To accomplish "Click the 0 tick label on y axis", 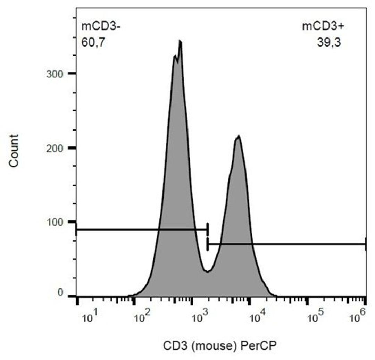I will [60, 294].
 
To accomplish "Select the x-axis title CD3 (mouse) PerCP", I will [221, 345].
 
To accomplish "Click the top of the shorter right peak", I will [238, 136].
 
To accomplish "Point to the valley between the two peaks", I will [207, 271].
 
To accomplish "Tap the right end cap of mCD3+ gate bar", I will [366, 244].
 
